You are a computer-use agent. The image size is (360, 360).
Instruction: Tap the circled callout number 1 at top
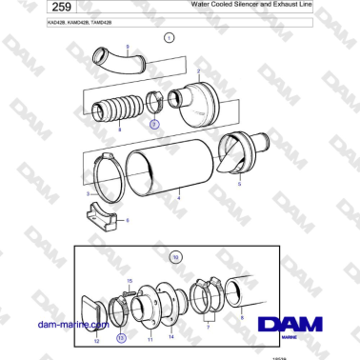[169, 38]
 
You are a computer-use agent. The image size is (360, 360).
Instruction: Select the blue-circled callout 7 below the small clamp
[154, 124]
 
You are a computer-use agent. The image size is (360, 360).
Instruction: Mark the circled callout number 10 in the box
[175, 256]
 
